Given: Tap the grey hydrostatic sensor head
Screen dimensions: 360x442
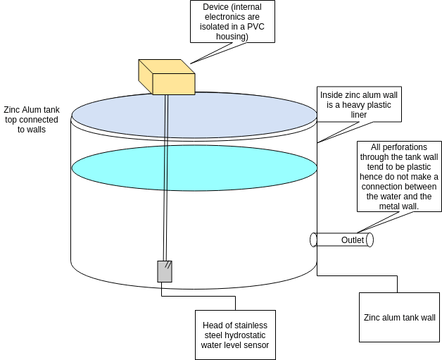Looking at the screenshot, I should point(164,271).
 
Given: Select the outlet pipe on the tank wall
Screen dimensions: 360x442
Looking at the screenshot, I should point(341,240).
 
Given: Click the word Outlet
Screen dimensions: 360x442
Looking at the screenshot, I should point(353,240).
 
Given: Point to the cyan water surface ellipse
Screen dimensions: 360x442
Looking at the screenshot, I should point(194,168).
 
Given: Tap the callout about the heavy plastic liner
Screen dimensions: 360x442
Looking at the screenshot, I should point(359,104).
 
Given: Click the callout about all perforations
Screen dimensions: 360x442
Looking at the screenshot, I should point(398,176).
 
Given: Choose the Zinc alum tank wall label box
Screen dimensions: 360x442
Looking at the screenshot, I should point(399,317).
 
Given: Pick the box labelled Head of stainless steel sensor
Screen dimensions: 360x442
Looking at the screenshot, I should point(235,335).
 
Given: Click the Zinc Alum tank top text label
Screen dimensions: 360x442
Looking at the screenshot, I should point(31,120).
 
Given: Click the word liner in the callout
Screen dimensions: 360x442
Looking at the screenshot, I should point(359,115).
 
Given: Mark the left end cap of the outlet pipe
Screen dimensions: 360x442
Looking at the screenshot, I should point(313,240).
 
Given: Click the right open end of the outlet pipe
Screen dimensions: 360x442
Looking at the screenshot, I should point(370,240).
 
